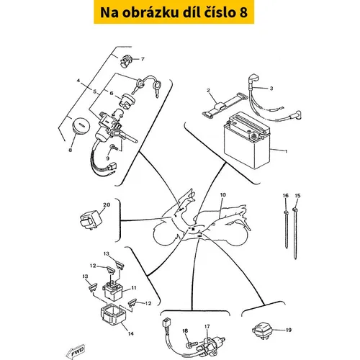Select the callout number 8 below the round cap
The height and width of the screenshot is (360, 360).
click(x=70, y=150)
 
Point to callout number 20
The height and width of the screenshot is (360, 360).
click(x=107, y=205)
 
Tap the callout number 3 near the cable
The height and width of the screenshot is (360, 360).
click(x=271, y=89)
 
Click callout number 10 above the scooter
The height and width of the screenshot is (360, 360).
click(x=222, y=194)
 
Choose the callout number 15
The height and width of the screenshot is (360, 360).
click(x=297, y=196)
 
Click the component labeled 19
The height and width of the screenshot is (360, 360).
click(x=263, y=330)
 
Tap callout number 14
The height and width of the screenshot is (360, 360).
click(x=130, y=333)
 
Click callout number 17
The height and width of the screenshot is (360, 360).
click(x=207, y=326)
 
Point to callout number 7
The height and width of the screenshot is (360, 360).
click(x=143, y=59)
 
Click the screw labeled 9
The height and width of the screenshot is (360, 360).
click(x=113, y=147)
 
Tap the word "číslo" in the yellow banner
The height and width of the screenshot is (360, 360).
click(x=220, y=12)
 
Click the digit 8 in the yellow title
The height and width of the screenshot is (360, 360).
click(x=243, y=13)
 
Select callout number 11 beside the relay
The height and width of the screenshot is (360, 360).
click(x=133, y=288)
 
